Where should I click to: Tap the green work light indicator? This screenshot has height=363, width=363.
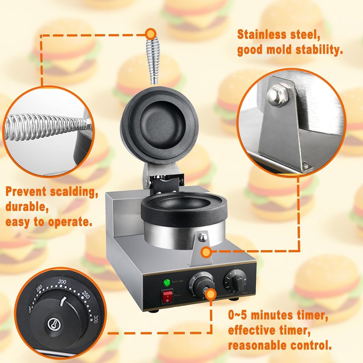(x=167, y=283)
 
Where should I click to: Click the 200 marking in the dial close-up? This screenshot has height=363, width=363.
(x=63, y=282)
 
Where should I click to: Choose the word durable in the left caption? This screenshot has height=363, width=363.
(x=26, y=207)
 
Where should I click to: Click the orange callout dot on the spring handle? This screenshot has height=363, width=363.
(x=151, y=34)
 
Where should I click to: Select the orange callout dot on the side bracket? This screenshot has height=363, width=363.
(x=206, y=252)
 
